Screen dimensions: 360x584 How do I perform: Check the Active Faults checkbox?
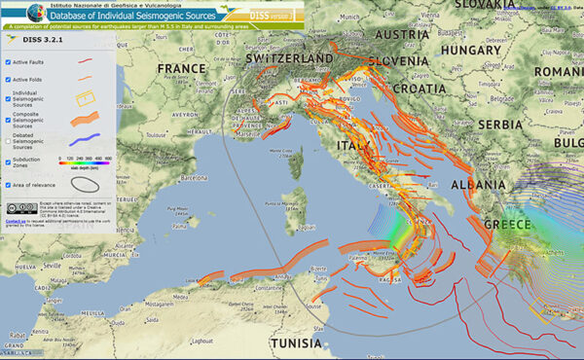coord(8,61)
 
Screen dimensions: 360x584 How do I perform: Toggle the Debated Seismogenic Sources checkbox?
coord(8,141)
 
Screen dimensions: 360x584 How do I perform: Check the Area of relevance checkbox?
coord(8,184)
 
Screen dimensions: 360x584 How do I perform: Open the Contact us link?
coord(14,221)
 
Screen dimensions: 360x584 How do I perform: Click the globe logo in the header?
coord(13,13)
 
